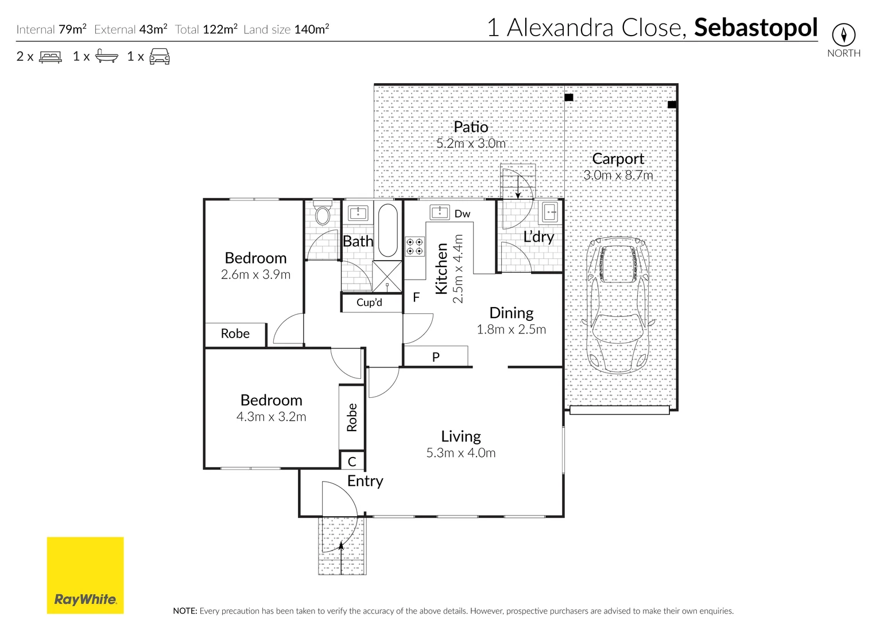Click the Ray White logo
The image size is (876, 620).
tap(85, 575)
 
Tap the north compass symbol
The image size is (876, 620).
tap(843, 35)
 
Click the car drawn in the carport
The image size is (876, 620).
tap(618, 305)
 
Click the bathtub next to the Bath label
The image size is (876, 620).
tap(388, 230)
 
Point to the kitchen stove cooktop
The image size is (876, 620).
tap(414, 247)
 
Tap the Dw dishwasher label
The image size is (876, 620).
tap(462, 214)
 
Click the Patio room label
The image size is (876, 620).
tap(471, 127)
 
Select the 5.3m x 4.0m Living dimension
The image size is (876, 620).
tap(460, 453)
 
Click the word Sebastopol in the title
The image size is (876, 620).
tap(755, 28)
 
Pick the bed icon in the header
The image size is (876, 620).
tap(51, 57)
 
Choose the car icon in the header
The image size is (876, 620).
tap(160, 57)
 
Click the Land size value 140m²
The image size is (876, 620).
tap(311, 29)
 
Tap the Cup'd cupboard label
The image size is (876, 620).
tap(369, 303)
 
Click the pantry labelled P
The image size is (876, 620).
tap(436, 357)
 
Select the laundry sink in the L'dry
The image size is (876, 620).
tap(549, 212)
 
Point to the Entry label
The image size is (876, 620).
tap(365, 481)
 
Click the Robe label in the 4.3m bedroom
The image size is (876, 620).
tap(352, 417)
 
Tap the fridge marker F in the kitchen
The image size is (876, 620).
tap(416, 297)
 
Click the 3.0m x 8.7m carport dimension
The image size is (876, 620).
tap(618, 175)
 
